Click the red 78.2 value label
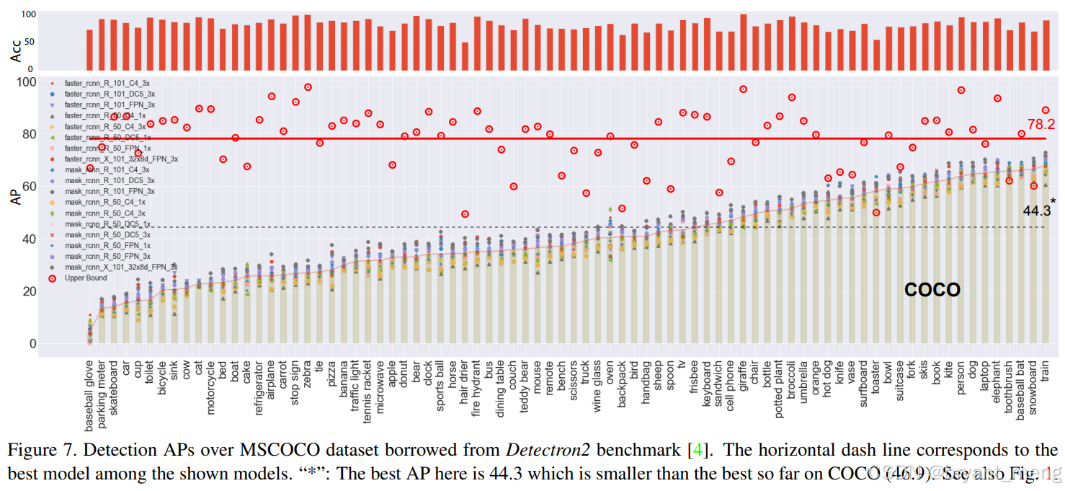pos(1041,123)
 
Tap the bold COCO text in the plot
pos(932,290)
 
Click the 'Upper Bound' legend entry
pos(86,278)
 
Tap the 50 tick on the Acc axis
pos(28,41)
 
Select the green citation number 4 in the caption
pos(697,451)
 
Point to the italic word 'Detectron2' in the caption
pos(548,451)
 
